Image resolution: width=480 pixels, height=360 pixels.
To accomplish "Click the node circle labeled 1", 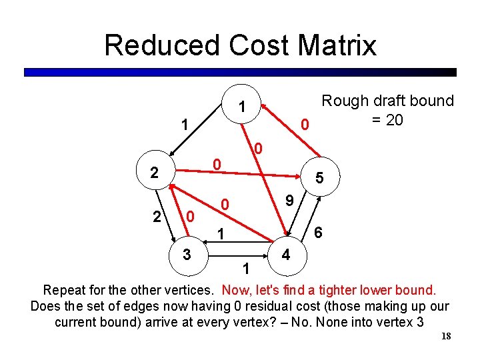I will [x=243, y=105].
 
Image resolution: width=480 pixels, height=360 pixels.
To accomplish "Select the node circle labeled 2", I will [x=154, y=173].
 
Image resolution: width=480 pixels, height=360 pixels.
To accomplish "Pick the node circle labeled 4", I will [x=286, y=254].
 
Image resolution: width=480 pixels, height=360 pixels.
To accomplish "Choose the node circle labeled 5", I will [x=320, y=178].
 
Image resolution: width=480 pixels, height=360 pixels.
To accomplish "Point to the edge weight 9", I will [x=289, y=199].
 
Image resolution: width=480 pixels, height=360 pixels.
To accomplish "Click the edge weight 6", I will [x=319, y=233].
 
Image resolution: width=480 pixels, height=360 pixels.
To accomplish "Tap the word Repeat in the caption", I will [x=65, y=291].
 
